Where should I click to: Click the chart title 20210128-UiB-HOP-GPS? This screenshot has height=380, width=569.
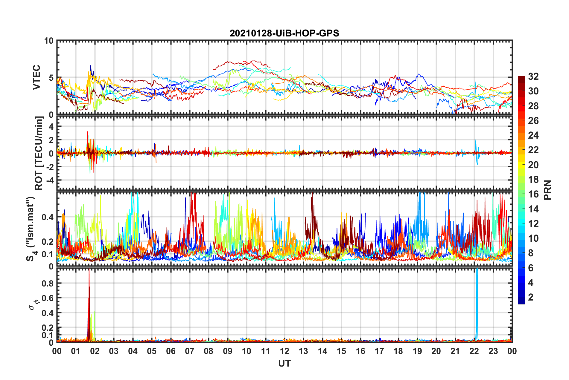(284, 33)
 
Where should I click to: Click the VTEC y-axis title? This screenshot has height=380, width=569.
(36, 77)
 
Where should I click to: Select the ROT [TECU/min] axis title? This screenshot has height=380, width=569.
(39, 153)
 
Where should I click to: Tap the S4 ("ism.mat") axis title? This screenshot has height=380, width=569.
(31, 229)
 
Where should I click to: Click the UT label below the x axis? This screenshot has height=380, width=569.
(284, 363)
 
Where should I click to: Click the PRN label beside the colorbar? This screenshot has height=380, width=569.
(548, 190)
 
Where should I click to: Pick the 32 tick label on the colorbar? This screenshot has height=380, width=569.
(533, 76)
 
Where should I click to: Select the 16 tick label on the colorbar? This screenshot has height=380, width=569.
(533, 194)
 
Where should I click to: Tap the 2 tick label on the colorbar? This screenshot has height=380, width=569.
(531, 297)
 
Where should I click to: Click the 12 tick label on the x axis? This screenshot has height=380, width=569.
(284, 351)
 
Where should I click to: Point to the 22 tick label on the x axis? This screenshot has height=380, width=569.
(474, 351)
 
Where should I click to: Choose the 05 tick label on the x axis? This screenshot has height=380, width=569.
(152, 351)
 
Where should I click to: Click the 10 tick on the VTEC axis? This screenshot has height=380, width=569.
(49, 41)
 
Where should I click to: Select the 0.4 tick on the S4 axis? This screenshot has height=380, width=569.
(48, 217)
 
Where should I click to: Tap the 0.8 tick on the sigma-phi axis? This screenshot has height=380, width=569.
(48, 283)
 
